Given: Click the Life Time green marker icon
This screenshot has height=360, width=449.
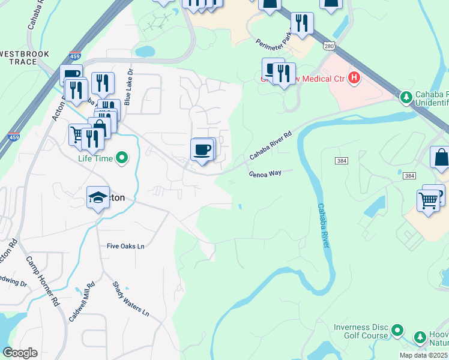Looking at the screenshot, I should (x=122, y=158).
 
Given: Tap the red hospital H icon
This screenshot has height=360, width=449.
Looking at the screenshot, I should (x=354, y=77).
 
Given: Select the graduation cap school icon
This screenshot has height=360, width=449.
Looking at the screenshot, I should (x=98, y=198).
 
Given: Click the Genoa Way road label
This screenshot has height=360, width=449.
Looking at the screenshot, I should (x=265, y=173).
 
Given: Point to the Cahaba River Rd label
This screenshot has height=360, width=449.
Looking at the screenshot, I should (x=271, y=146).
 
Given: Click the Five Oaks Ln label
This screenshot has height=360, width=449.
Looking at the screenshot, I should (x=126, y=246).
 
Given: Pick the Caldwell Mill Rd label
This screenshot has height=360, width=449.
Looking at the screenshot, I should (x=82, y=302).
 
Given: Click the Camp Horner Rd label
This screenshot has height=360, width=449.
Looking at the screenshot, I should (x=42, y=281).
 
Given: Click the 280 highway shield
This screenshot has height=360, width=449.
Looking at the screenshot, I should (x=328, y=46).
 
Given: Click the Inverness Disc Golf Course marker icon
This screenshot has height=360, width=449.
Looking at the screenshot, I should (x=397, y=330).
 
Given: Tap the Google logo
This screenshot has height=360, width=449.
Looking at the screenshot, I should (x=20, y=353).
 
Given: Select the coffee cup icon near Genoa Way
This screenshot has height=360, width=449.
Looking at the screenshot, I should (x=202, y=148).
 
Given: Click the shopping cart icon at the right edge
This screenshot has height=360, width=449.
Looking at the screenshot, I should (x=427, y=200).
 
